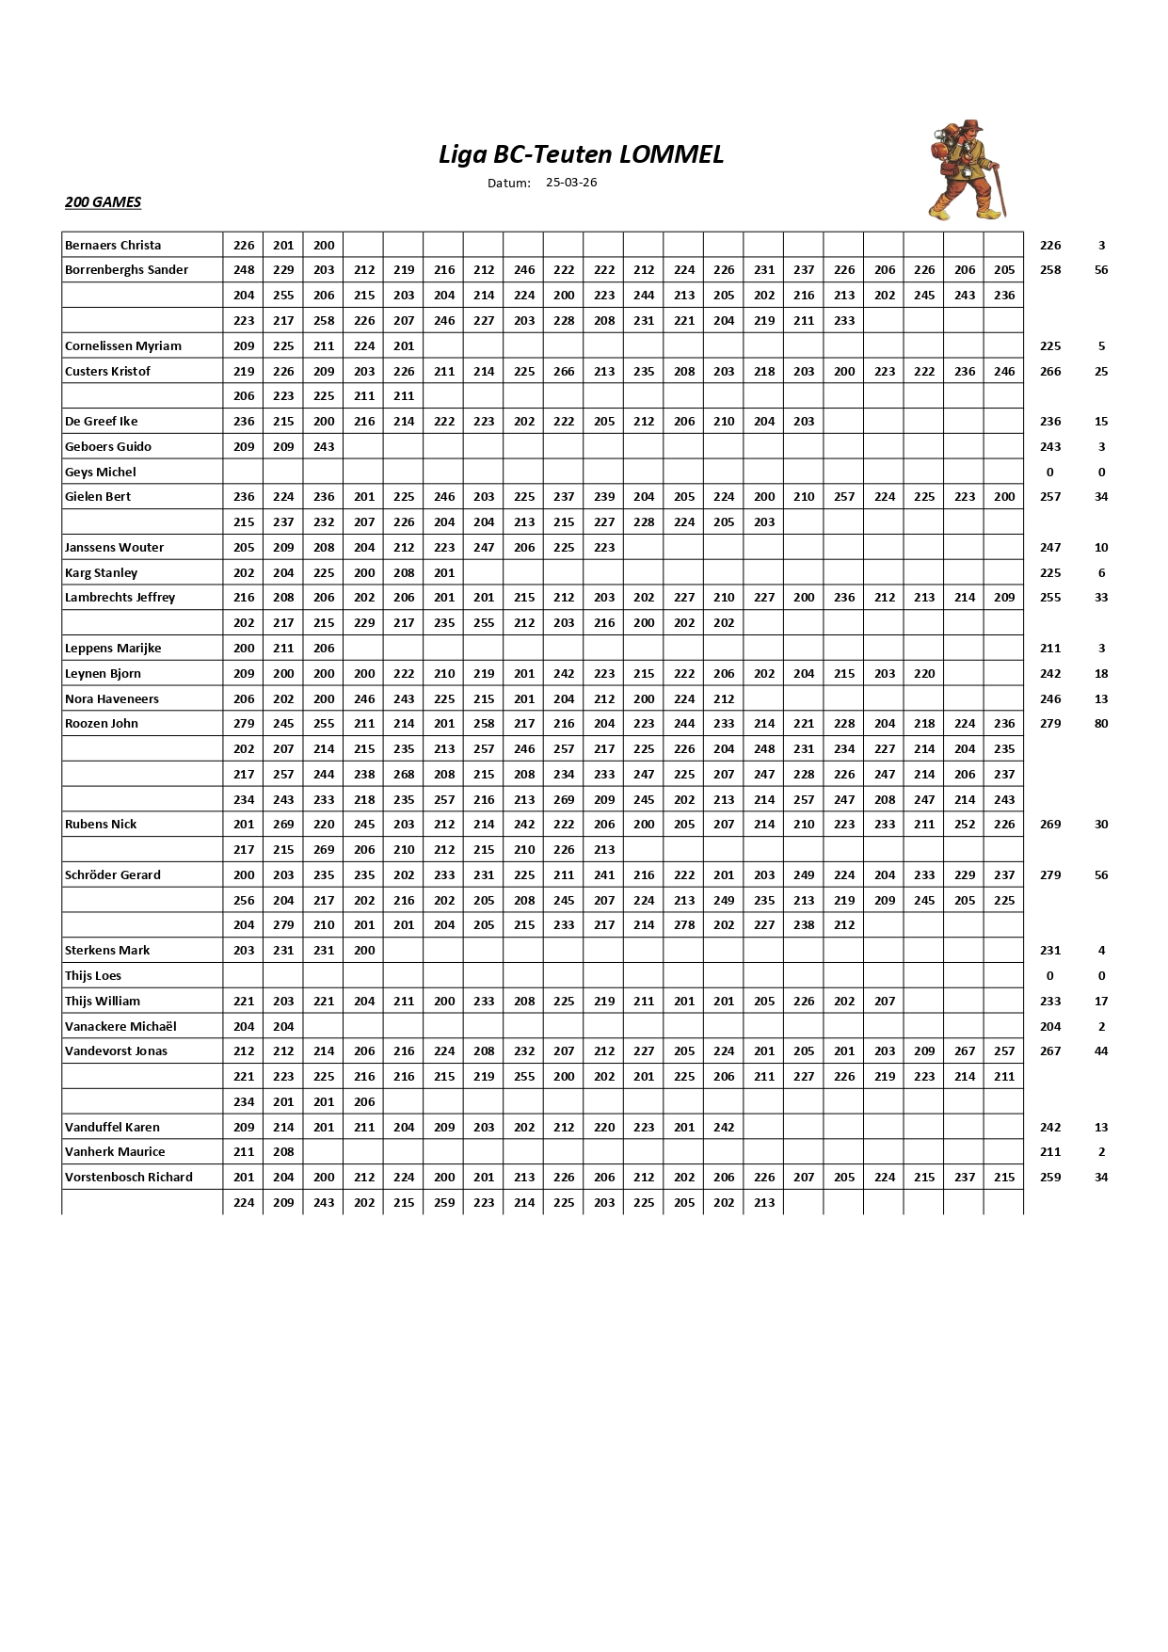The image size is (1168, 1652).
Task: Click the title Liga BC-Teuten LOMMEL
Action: click(581, 154)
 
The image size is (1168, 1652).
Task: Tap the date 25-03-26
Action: click(571, 183)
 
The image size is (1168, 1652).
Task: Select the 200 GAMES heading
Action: click(103, 202)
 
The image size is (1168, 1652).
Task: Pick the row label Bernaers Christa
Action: click(113, 246)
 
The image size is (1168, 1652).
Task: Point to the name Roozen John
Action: click(102, 724)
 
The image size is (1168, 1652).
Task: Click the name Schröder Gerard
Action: click(113, 875)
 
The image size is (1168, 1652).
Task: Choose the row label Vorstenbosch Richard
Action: click(129, 1178)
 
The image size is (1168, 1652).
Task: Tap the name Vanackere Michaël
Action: click(120, 1027)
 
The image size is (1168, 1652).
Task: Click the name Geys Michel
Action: click(101, 473)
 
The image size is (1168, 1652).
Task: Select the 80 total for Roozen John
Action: click(1101, 724)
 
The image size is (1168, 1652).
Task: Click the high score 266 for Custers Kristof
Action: click(1050, 372)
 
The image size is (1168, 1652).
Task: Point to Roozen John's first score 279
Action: click(244, 724)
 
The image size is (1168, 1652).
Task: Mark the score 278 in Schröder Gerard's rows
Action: click(684, 925)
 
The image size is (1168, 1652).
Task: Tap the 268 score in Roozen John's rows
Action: click(404, 775)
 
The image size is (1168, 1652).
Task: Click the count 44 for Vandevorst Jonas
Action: click(1101, 1051)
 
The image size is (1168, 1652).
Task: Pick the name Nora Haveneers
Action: click(112, 699)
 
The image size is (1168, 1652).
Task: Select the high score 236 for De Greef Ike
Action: click(1050, 422)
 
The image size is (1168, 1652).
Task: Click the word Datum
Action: click(509, 184)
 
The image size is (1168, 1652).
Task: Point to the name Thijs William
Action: click(103, 1002)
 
